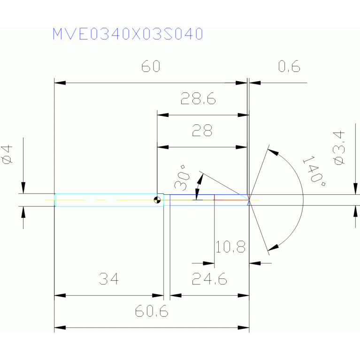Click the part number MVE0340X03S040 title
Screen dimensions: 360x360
coord(127,34)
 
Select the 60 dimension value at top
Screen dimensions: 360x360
coord(151,67)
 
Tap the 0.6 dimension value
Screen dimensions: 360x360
coord(289,67)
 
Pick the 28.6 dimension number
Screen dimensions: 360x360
coord(198,99)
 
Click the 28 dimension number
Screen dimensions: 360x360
coord(202,130)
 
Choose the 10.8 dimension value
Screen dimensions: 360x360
coord(230,246)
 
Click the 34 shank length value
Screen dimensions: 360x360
coord(108,280)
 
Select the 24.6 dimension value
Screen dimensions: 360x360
coord(210,280)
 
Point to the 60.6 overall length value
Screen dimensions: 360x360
coord(152,311)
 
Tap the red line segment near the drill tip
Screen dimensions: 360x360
coord(231,200)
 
